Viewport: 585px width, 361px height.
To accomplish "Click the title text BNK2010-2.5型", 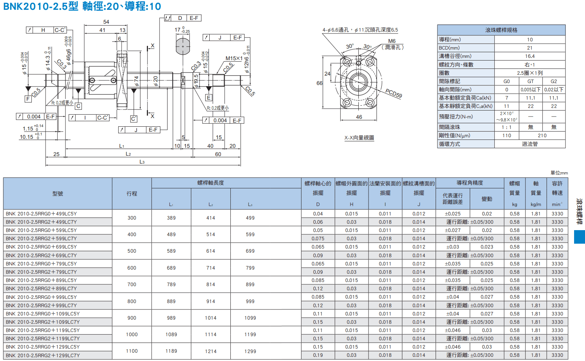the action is (x=41, y=6).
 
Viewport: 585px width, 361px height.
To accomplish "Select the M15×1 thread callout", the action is (x=234, y=58).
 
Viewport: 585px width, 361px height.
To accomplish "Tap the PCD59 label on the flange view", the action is (x=393, y=93).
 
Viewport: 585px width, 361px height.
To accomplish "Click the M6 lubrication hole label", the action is (x=392, y=41).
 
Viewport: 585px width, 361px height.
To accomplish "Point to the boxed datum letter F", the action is (x=28, y=99).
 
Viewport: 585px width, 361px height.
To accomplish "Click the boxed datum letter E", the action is (x=209, y=98).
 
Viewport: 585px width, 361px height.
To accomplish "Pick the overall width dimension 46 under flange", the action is (x=359, y=117).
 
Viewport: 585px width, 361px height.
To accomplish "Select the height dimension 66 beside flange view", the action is (x=319, y=83).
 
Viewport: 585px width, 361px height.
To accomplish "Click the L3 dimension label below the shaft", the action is (x=142, y=162).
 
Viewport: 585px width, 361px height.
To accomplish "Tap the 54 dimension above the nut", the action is (x=106, y=22).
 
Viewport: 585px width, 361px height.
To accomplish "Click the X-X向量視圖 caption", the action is (x=359, y=138).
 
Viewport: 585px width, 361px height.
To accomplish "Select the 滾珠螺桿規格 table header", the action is (x=501, y=30).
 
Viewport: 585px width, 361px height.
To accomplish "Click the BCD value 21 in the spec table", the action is (x=530, y=48).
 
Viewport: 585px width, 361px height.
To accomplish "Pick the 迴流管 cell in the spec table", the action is (x=530, y=144).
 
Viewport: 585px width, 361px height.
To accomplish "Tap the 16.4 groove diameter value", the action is (x=530, y=56).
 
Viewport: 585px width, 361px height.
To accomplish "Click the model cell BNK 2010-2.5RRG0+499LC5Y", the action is (x=41, y=214).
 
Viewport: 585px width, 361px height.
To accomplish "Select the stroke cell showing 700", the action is (x=132, y=284).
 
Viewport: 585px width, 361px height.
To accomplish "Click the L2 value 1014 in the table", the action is (x=210, y=318).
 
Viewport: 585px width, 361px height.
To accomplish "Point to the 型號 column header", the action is (x=58, y=194).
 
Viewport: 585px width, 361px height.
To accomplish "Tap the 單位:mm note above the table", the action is (x=559, y=173).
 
